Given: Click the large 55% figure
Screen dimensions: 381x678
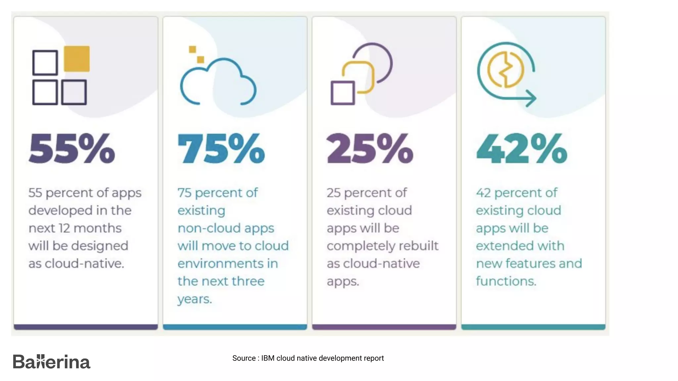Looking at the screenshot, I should click(x=72, y=148).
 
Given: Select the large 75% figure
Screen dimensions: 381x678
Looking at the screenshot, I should click(x=221, y=148).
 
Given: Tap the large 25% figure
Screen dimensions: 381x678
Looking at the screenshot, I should click(x=370, y=148).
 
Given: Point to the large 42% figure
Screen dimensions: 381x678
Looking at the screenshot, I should click(x=522, y=148).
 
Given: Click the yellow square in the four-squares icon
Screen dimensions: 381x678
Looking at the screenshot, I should click(x=76, y=59).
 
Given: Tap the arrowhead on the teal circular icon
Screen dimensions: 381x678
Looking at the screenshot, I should click(x=531, y=98).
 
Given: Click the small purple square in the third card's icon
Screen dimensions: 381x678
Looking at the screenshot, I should click(x=343, y=93).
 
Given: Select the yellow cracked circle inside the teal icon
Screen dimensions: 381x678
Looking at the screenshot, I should click(x=506, y=70).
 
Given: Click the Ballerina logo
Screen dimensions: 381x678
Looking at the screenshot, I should click(x=51, y=361).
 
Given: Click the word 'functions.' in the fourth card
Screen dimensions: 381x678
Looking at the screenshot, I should click(x=506, y=281).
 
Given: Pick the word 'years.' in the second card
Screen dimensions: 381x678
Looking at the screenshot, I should click(x=194, y=299).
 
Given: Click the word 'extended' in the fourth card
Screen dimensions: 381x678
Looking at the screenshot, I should click(x=500, y=246).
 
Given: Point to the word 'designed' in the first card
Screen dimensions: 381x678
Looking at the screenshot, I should click(x=100, y=246).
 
